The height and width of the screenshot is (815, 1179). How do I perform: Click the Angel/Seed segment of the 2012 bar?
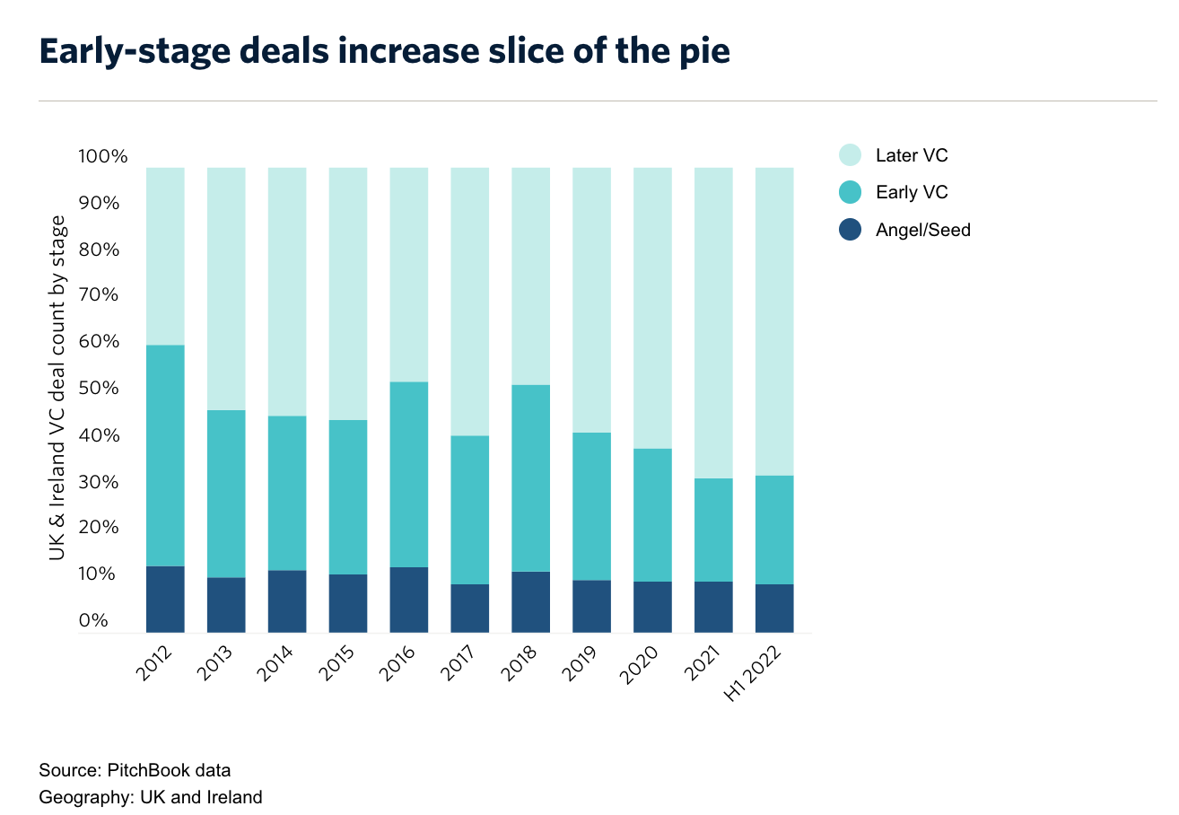165,599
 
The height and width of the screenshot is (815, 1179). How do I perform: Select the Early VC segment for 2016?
408,475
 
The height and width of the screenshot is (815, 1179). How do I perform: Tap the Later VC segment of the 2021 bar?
713,323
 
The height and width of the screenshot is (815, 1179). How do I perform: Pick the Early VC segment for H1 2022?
774,530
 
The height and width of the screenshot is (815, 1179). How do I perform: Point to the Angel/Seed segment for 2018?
530,601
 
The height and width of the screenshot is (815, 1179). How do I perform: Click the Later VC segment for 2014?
287,292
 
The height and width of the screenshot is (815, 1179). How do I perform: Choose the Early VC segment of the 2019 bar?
591,506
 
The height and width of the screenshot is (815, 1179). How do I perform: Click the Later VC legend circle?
851,155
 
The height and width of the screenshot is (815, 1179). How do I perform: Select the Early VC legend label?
912,193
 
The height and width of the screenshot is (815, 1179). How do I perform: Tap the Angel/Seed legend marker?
851,230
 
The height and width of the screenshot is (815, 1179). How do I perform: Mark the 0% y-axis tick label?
92,620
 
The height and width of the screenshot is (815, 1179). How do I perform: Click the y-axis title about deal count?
58,388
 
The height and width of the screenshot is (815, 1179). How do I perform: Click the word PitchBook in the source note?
148,770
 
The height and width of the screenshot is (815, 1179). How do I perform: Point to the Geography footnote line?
151,797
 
